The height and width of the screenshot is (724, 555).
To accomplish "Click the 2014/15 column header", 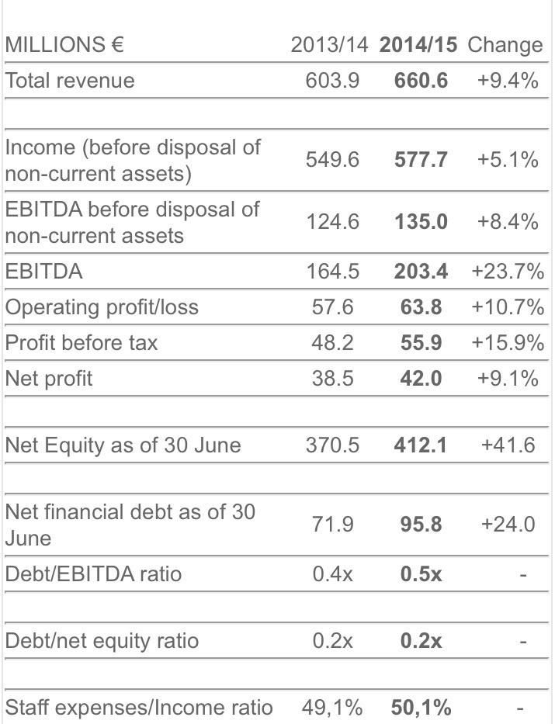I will [419, 45].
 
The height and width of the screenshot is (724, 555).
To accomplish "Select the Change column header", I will [505, 45].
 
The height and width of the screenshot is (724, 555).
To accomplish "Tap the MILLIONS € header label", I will [64, 45].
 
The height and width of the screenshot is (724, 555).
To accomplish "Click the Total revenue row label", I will [70, 81].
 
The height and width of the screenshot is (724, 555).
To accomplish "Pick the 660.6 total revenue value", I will [421, 81].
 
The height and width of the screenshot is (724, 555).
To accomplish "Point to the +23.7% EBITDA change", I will [508, 272].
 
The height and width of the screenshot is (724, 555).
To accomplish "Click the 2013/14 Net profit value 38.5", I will [332, 378].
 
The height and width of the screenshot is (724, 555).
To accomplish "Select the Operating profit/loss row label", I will [102, 307].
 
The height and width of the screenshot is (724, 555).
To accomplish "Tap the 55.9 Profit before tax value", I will [421, 343].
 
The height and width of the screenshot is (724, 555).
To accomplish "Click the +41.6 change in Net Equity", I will [508, 445].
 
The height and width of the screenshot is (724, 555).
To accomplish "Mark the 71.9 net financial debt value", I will [332, 525].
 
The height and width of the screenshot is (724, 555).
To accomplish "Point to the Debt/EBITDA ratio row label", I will [93, 574].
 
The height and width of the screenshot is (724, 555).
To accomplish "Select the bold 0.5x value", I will [421, 574].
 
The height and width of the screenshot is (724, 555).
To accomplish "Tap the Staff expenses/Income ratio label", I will [139, 708].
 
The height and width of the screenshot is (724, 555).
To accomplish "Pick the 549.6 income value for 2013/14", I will [332, 160].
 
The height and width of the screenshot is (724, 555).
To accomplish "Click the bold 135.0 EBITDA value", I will [421, 222].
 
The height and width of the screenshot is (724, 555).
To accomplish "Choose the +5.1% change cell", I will [508, 160].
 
